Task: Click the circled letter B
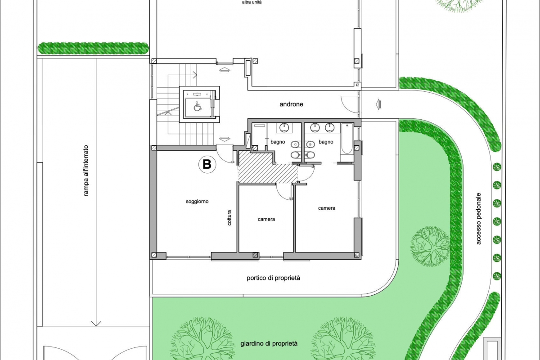tap(207, 164)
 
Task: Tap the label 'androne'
tap(291, 104)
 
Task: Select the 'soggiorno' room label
tap(197, 201)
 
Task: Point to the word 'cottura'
tap(229, 218)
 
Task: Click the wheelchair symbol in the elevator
tap(198, 106)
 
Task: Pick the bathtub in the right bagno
tap(346, 139)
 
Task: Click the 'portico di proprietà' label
tap(273, 278)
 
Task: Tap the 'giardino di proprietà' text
tap(269, 344)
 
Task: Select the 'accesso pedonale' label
tap(478, 218)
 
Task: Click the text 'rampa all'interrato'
tap(85, 171)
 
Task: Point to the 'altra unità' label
tap(252, 2)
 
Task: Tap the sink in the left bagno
tap(285, 128)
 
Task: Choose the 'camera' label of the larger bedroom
tap(326, 208)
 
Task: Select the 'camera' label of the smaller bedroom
tap(266, 219)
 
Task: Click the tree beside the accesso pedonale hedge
tap(430, 247)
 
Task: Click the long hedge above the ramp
tap(93, 48)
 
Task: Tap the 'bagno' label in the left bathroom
tap(278, 142)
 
